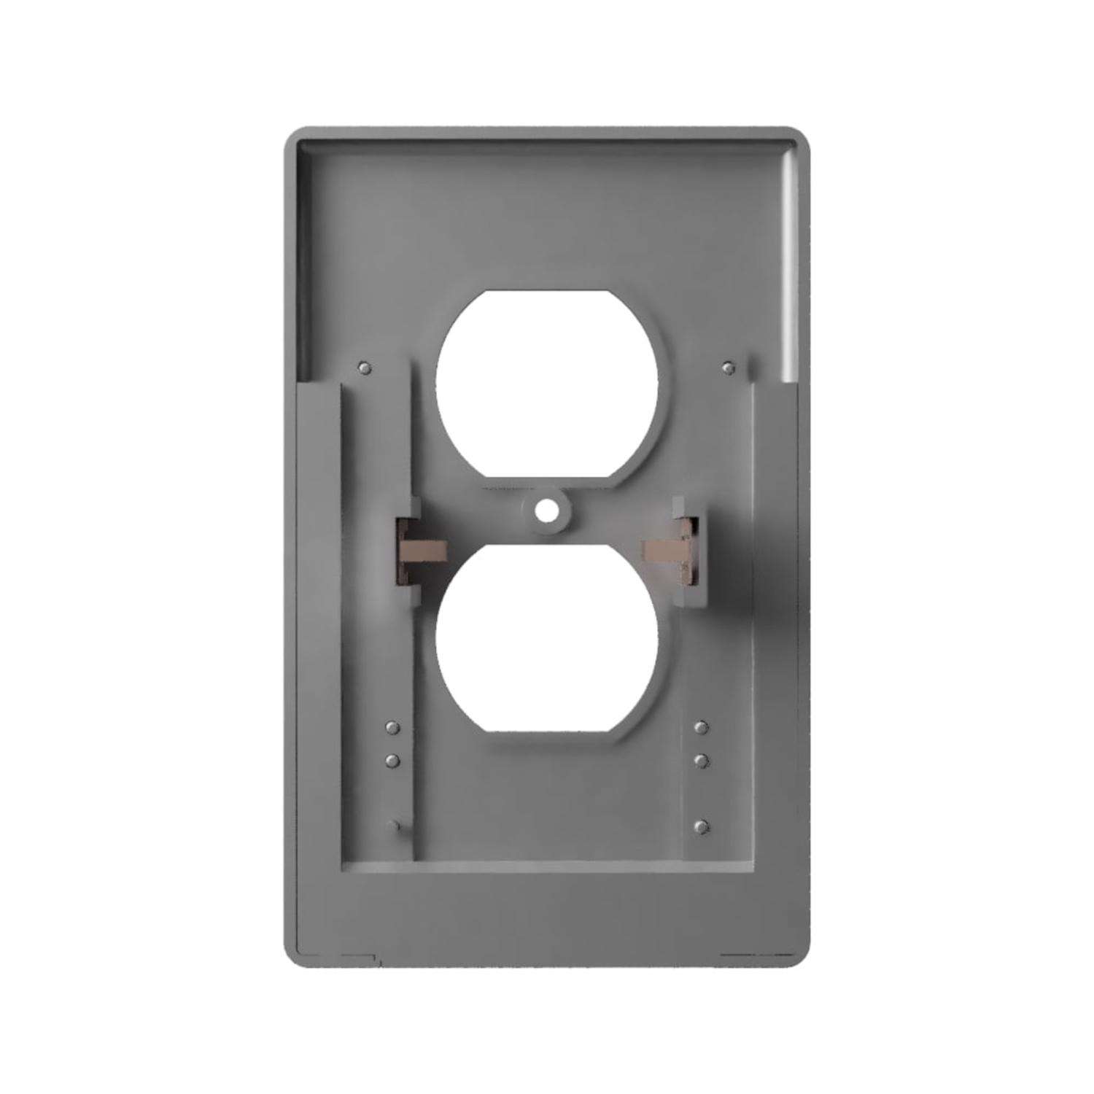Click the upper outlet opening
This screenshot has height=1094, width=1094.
click(x=547, y=387)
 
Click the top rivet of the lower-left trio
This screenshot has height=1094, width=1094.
click(x=392, y=727)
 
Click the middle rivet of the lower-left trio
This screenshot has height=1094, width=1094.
click(x=392, y=761)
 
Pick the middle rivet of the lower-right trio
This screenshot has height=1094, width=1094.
click(x=702, y=760)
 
